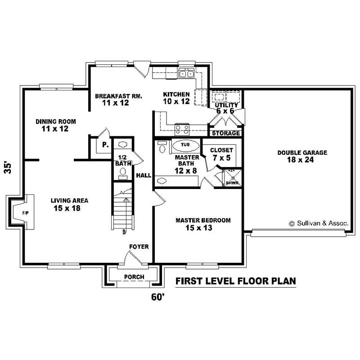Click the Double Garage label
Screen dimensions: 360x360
click(302, 153)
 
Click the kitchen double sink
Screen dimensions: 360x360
click(186, 74)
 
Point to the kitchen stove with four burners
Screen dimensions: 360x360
click(182, 129)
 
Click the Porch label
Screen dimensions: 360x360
click(134, 277)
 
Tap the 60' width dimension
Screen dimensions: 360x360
click(158, 297)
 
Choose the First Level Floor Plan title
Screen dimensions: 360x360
click(235, 282)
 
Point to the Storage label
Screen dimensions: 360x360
click(226, 133)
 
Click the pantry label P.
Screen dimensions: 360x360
click(104, 145)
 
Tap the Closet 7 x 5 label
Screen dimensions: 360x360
click(221, 154)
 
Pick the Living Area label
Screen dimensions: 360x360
click(69, 201)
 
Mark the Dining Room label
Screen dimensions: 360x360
click(56, 121)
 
